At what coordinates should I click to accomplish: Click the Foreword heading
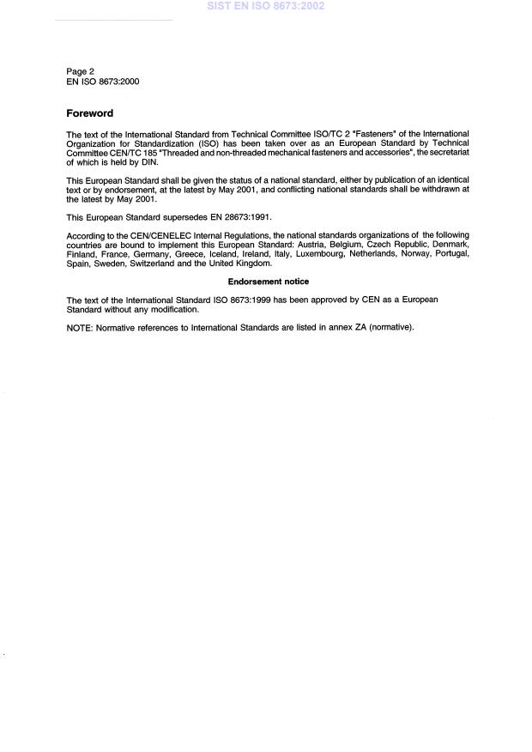coord(90,113)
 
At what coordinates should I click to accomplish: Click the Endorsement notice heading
coord(269,282)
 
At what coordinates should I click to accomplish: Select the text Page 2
coord(82,71)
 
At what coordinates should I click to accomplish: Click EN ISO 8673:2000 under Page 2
coord(103,82)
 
